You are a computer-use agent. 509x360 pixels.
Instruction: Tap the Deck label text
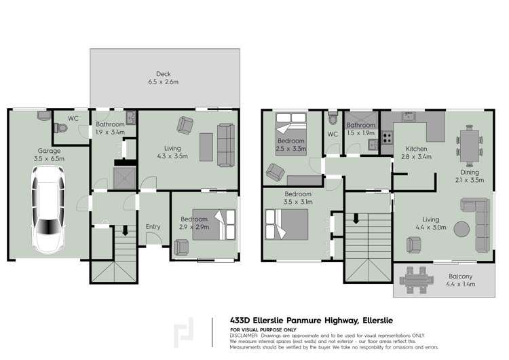pos(163,74)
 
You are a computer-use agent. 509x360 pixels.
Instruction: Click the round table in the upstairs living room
pos(461,229)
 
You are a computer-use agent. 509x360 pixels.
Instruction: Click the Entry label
pos(153,227)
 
